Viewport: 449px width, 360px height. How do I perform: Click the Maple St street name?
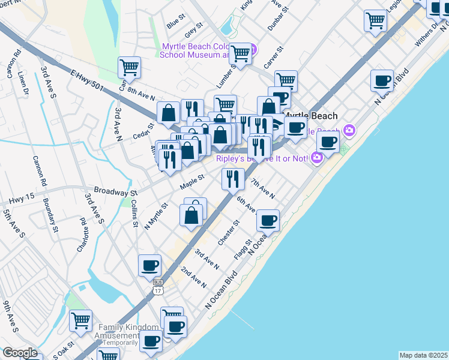193,181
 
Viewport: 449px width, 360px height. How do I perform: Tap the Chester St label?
229,233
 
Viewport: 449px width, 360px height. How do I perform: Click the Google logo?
20,353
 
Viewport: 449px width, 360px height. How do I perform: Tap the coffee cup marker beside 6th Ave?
268,220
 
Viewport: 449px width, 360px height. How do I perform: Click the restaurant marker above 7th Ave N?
232,178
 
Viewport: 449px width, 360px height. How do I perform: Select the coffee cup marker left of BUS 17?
149,265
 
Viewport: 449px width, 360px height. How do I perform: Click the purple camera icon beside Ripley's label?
316,157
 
